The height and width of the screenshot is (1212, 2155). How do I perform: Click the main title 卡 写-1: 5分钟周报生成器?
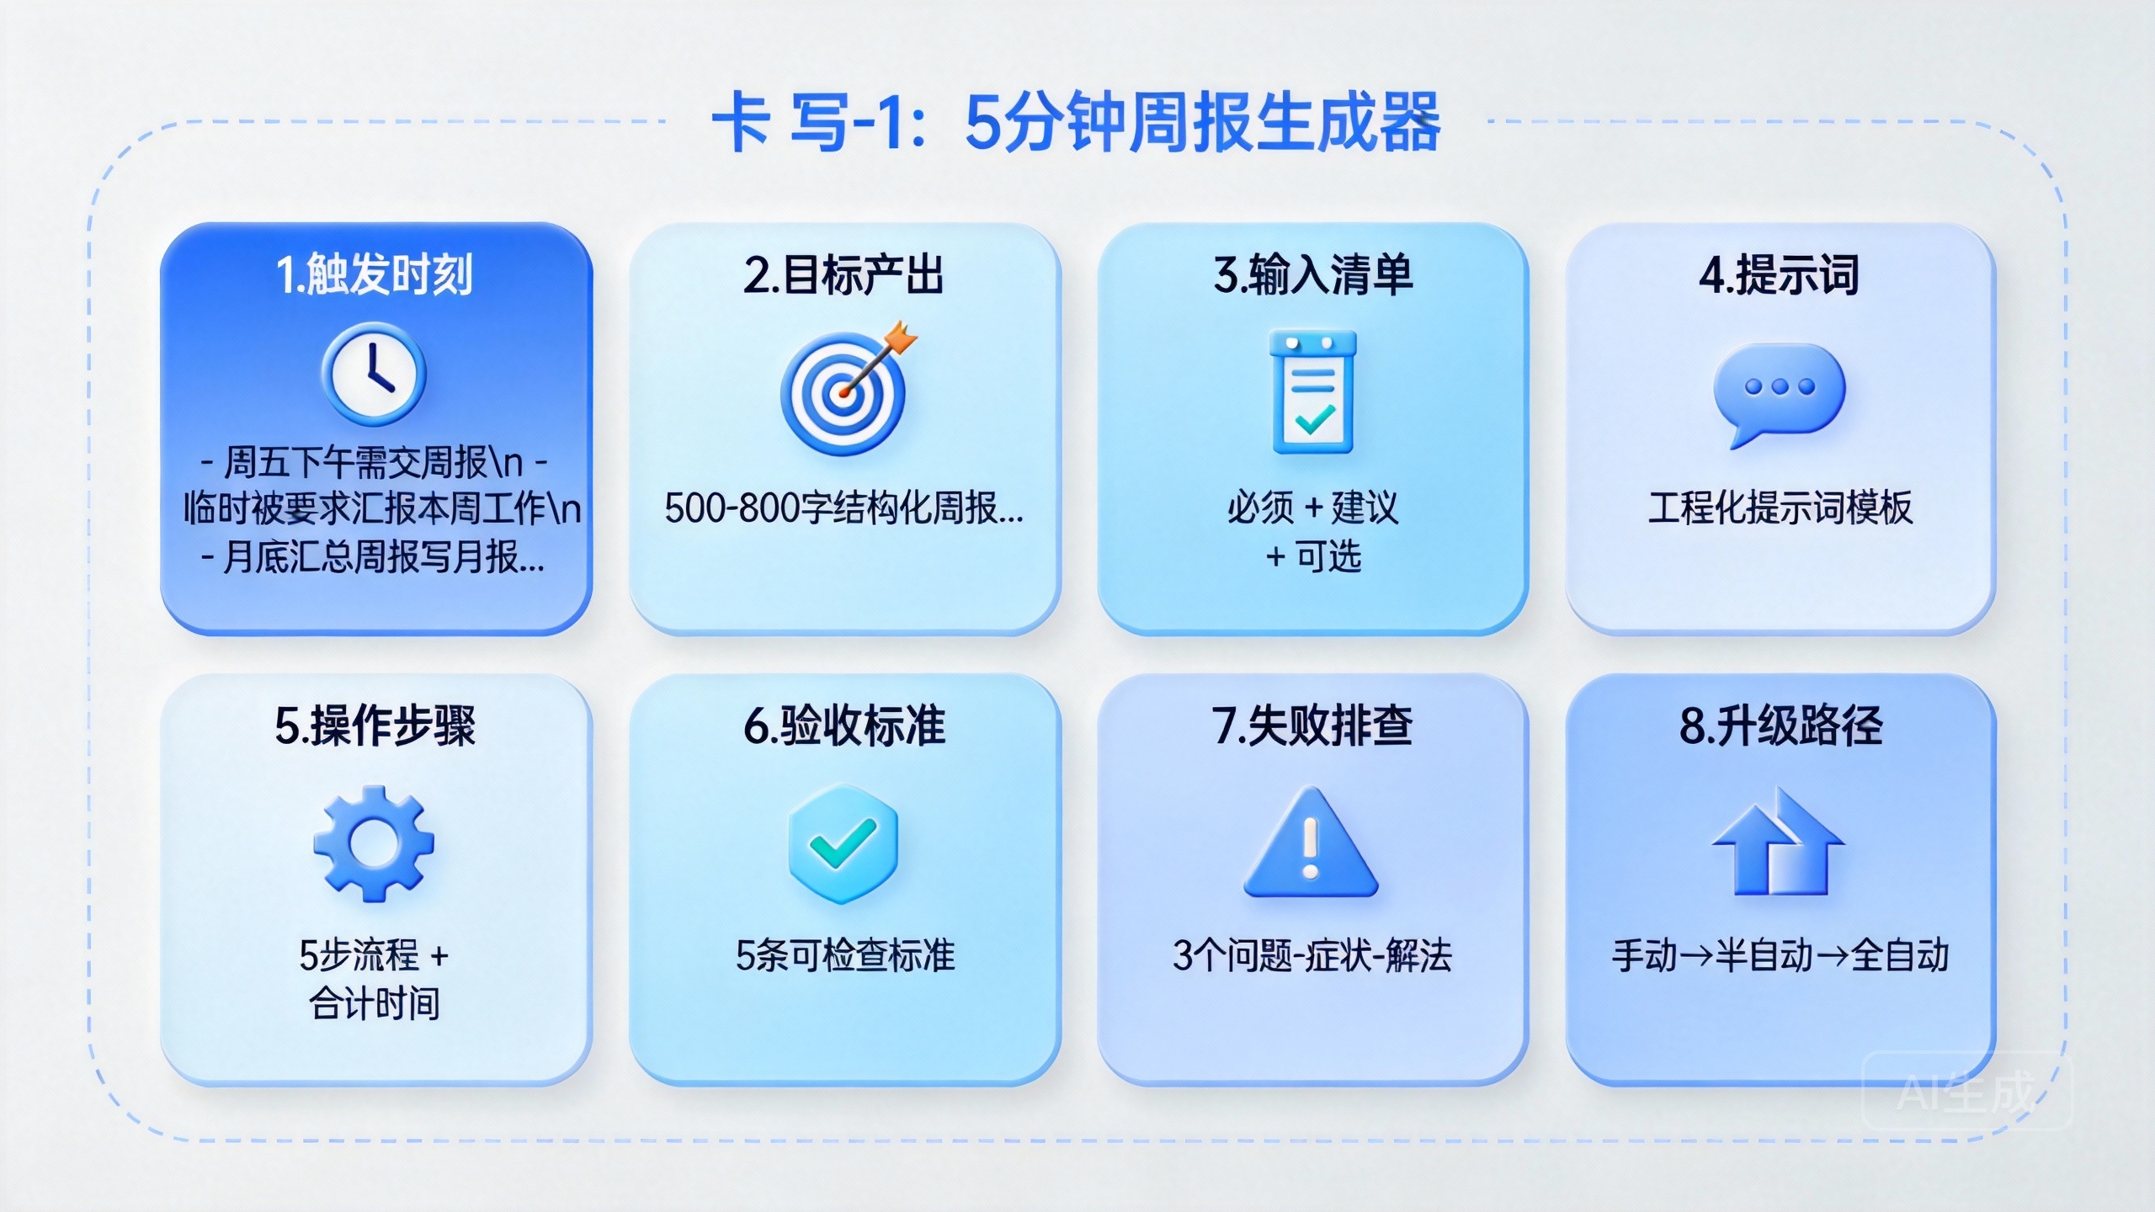click(1076, 123)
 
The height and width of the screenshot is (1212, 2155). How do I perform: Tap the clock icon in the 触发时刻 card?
click(374, 374)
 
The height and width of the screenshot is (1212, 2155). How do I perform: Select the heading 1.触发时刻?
click(375, 274)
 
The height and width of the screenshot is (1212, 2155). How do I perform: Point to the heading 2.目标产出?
click(843, 274)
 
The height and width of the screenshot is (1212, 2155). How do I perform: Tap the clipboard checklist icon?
click(1312, 392)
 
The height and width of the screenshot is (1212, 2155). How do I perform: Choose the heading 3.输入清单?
click(1312, 274)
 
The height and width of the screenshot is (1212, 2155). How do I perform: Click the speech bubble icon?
click(1779, 392)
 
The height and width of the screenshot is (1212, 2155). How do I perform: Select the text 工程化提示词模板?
click(1780, 508)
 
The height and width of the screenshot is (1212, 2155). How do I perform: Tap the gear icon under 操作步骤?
click(374, 843)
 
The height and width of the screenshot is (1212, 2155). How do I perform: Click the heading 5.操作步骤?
click(375, 726)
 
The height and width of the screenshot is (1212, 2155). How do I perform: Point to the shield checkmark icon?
click(843, 843)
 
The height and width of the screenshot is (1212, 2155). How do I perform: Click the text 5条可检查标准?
click(844, 956)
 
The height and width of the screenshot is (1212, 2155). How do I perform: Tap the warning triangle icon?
click(1311, 845)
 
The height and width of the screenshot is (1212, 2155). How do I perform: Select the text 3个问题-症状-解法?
click(1312, 956)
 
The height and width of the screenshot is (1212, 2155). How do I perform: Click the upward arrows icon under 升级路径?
click(1779, 843)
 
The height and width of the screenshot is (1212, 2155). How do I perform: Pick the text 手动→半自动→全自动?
click(1780, 956)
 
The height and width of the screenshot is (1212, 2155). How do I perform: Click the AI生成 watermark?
click(1966, 1092)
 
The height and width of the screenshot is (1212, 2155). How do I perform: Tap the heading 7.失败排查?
click(1312, 726)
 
